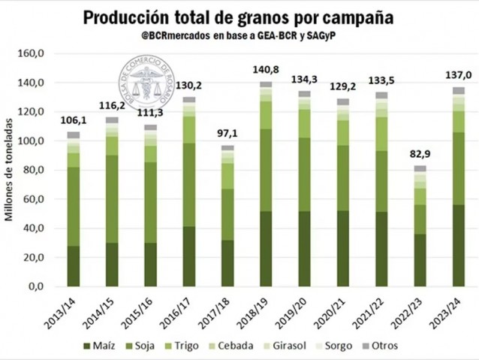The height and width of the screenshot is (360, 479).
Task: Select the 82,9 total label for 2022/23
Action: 419,155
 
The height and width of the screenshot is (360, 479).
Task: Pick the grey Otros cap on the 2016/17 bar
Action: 188,99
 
